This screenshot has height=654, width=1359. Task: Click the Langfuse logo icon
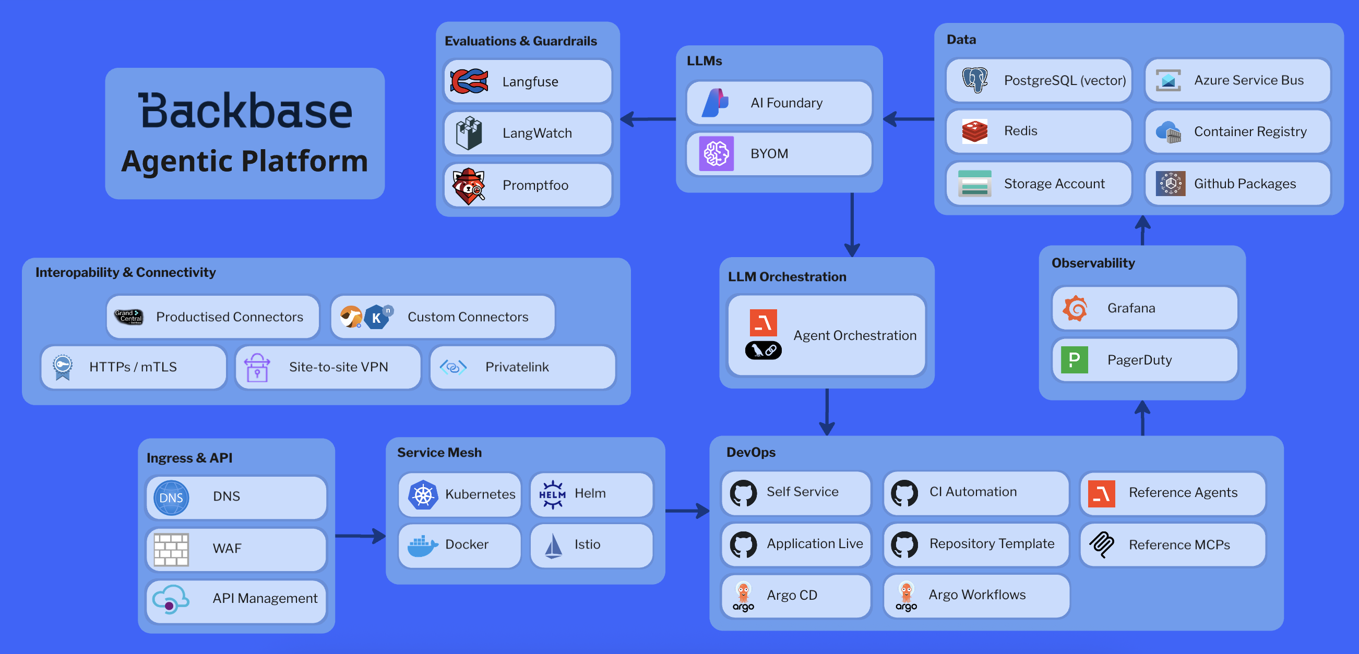[x=469, y=82]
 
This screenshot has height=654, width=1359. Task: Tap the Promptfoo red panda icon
[x=468, y=186]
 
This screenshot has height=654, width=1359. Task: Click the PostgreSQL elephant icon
[x=974, y=81]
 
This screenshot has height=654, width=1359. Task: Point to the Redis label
[x=1020, y=131]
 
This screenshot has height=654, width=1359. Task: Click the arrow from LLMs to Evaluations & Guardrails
[x=648, y=119]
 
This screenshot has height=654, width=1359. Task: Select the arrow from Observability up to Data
[x=1142, y=231]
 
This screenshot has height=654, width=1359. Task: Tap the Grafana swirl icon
[x=1075, y=308]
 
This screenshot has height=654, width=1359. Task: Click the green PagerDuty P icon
[x=1074, y=360]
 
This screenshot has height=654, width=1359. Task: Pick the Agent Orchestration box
[x=826, y=336]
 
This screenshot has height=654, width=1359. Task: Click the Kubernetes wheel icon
[x=423, y=494]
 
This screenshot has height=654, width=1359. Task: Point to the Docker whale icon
[x=423, y=546]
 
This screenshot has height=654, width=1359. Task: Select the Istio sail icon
[x=553, y=546]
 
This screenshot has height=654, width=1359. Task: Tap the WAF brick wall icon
[x=171, y=549]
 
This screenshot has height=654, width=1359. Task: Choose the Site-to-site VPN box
[x=328, y=367]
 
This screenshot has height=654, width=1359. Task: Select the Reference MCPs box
[x=1172, y=545]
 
